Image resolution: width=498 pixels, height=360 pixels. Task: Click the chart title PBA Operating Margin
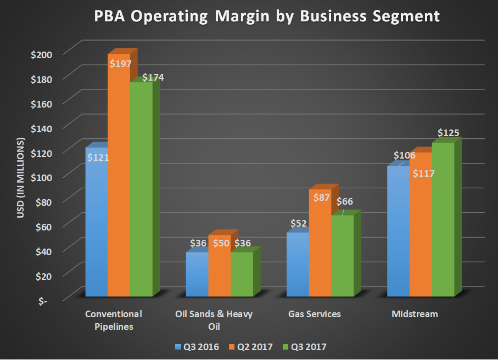(249, 16)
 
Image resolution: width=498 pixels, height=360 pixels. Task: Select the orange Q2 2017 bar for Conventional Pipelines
(119, 181)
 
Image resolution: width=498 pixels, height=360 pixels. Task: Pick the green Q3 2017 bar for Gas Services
(342, 258)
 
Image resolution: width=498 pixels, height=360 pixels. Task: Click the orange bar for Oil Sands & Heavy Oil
(219, 269)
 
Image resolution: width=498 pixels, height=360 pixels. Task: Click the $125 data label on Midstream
(448, 133)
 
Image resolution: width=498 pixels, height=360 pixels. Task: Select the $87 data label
(321, 196)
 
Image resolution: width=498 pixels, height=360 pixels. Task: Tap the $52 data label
(298, 223)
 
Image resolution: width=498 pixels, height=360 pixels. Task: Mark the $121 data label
(97, 157)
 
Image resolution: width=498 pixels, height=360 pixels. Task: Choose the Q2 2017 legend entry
(254, 347)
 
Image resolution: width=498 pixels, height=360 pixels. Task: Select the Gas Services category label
(315, 314)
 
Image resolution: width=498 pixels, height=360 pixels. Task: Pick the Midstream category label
(415, 314)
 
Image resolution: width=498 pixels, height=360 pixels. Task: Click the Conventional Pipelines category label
(114, 320)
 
